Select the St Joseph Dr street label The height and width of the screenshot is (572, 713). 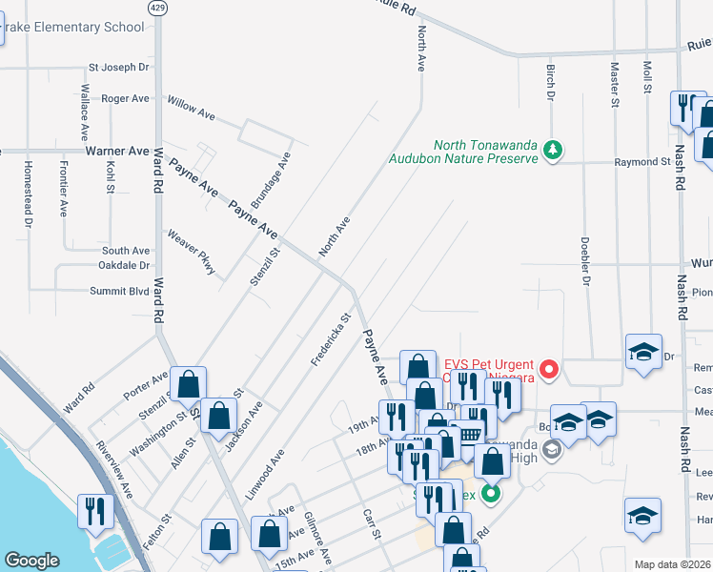point(119,68)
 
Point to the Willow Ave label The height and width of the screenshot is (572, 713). point(192,106)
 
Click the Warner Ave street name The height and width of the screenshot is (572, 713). point(117,151)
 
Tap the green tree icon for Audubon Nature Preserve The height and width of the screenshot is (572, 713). point(552,150)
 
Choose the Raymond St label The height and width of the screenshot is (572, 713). point(642,163)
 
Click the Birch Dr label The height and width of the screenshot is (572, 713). point(550,82)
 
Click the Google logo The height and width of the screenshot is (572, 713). point(31,561)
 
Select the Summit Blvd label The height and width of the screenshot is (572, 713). point(119,292)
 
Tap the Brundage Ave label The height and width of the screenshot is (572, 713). point(269,181)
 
